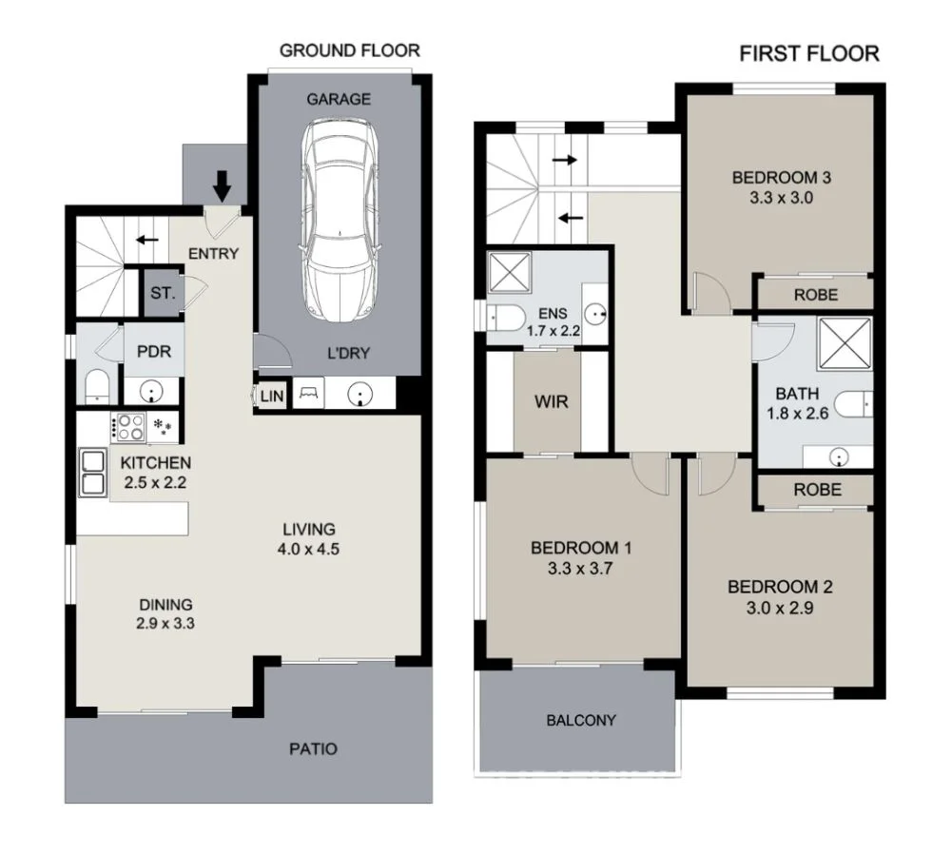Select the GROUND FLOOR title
tap(349, 50)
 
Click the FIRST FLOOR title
tap(809, 53)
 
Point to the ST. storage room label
tap(163, 294)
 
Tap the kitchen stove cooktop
tap(128, 428)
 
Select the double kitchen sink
tap(93, 473)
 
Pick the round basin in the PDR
tap(152, 390)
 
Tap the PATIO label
tap(313, 749)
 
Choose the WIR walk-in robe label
tap(551, 402)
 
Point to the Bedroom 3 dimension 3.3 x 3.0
tap(774, 199)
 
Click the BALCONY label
tap(580, 720)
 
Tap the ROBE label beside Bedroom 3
tap(815, 295)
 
